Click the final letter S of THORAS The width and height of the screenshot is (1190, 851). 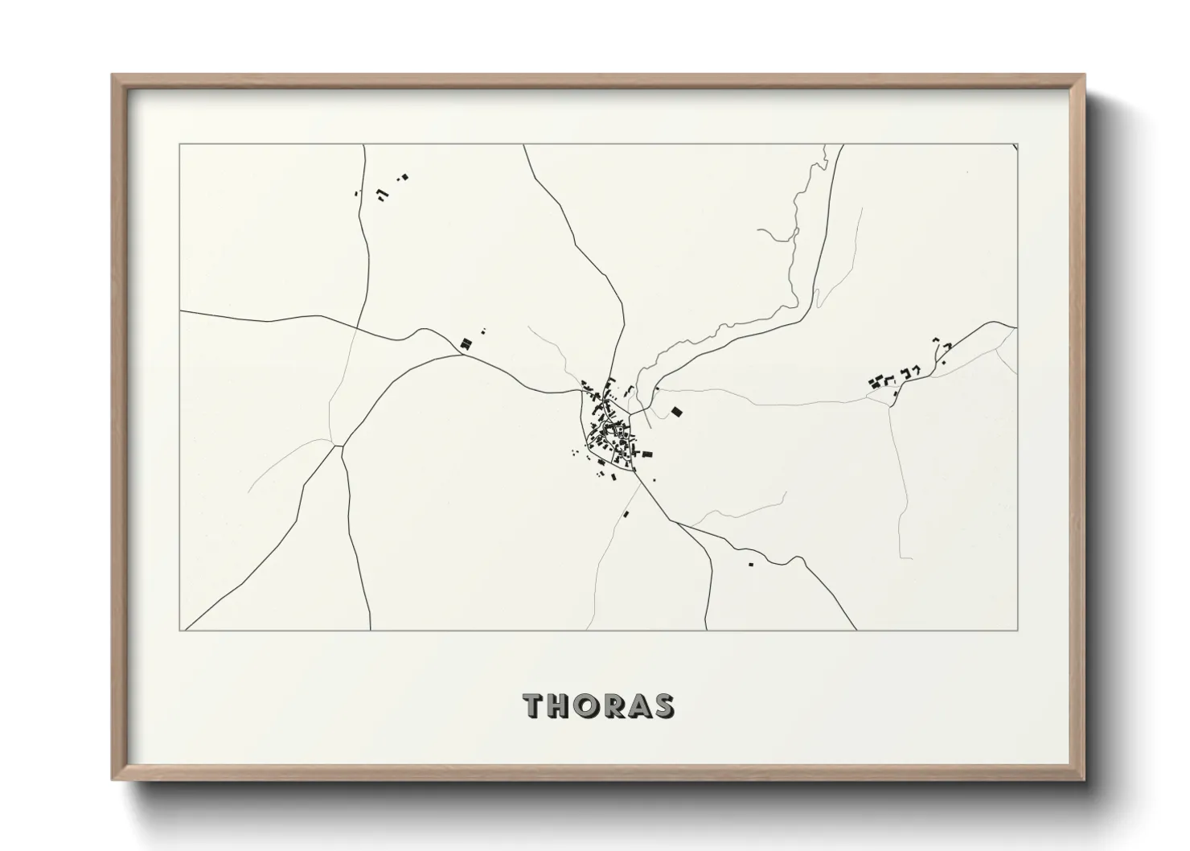(664, 705)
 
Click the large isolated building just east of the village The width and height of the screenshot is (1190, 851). (676, 412)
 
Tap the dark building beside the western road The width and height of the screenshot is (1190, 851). (464, 343)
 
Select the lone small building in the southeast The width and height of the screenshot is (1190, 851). (751, 564)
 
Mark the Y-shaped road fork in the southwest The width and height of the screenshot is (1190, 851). (338, 445)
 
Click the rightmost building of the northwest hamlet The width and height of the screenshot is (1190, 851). (404, 176)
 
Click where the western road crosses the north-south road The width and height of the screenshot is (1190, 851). (359, 326)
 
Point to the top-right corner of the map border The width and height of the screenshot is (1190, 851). (1017, 145)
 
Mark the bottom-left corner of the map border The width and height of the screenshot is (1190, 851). (179, 630)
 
